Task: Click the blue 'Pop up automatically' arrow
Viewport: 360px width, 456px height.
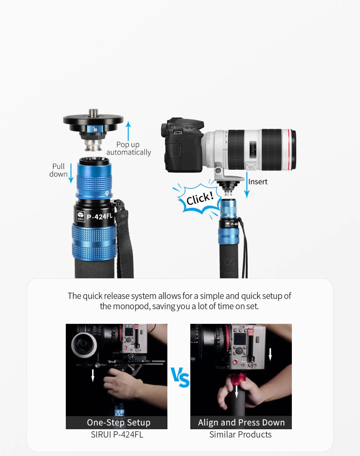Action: pos(128,131)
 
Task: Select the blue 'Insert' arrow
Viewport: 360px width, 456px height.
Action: pos(247,185)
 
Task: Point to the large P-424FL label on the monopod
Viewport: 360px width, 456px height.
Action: pos(100,216)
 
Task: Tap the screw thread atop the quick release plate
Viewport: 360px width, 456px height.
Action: pos(94,112)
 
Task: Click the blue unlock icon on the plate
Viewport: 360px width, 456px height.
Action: pos(94,129)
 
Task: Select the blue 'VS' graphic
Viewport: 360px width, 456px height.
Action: pos(180,377)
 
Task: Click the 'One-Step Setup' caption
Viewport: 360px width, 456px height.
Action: pos(118,422)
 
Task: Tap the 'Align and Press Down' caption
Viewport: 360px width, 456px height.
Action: pos(242,422)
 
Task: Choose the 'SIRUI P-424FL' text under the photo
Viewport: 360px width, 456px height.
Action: pos(117,434)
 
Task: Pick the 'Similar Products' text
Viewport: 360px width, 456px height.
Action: pos(241,434)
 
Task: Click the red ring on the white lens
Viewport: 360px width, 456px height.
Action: pos(289,149)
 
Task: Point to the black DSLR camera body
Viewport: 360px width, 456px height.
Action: pos(183,144)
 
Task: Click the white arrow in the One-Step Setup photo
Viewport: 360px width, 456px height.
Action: pos(93,375)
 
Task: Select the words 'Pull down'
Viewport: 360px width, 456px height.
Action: pos(58,170)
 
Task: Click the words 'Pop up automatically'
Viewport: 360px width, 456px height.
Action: pos(128,148)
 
